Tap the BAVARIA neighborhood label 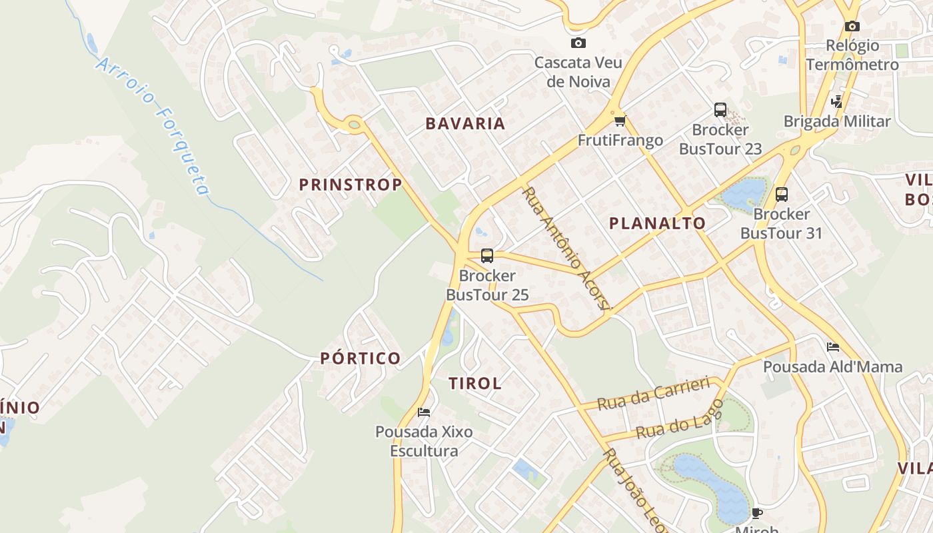(x=465, y=123)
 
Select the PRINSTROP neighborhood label (x=350, y=185)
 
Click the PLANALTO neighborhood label (x=657, y=223)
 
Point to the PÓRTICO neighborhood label (x=361, y=358)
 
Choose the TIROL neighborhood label (x=475, y=383)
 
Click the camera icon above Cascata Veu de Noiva (x=578, y=43)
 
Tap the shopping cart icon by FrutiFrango (x=620, y=121)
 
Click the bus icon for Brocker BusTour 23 (x=720, y=110)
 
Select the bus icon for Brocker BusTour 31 (x=782, y=195)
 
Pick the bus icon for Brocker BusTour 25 (x=487, y=255)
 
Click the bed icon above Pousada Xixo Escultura (x=424, y=412)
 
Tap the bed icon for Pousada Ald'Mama (x=832, y=347)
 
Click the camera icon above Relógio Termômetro (x=852, y=26)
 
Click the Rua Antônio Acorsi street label (x=566, y=249)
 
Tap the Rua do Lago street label (x=680, y=419)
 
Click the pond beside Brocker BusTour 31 (x=744, y=193)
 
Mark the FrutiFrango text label (x=620, y=140)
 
